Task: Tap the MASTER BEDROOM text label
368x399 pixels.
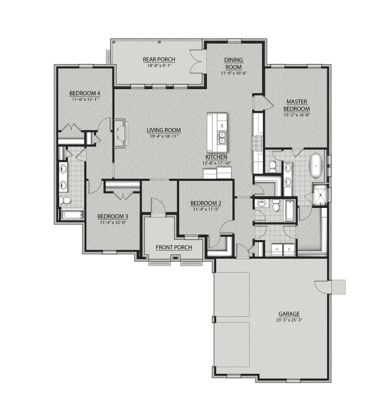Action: (x=297, y=105)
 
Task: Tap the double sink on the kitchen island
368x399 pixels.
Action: (x=222, y=140)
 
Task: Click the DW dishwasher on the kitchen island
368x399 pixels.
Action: (x=222, y=125)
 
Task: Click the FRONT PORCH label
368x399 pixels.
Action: (x=173, y=247)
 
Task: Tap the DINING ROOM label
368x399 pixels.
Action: (x=233, y=63)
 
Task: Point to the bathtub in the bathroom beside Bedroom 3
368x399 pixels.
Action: (x=72, y=214)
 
